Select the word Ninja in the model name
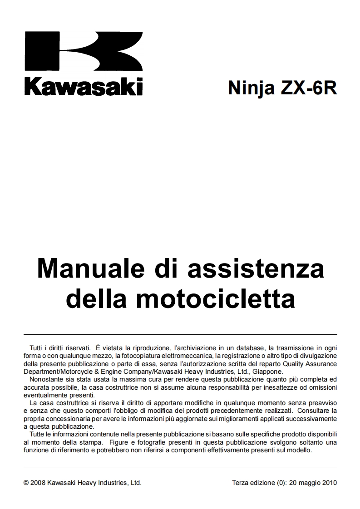(251, 87)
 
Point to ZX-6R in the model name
(308, 87)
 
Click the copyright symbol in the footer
(26, 483)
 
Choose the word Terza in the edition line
(240, 483)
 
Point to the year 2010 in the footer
(329, 483)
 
